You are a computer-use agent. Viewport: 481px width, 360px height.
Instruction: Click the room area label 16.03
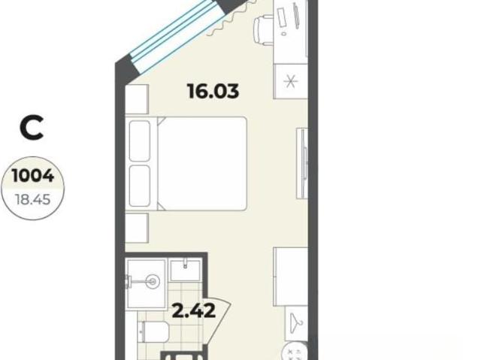pyautogui.click(x=213, y=91)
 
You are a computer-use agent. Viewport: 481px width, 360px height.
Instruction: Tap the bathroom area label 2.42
pyautogui.click(x=194, y=311)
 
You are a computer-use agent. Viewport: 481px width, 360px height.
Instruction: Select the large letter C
pyautogui.click(x=32, y=128)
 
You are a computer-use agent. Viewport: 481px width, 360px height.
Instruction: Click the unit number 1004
pyautogui.click(x=33, y=176)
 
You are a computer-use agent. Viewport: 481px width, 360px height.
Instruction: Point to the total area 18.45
pyautogui.click(x=33, y=200)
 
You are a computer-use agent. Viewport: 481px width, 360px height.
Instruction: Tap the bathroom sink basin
pyautogui.click(x=186, y=270)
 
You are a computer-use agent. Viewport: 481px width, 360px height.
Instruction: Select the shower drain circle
pyautogui.click(x=153, y=281)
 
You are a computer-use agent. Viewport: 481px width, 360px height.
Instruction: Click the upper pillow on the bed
pyautogui.click(x=140, y=141)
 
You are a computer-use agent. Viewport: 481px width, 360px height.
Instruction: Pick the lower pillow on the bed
pyautogui.click(x=140, y=186)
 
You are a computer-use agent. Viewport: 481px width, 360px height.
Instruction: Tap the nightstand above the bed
pyautogui.click(x=137, y=99)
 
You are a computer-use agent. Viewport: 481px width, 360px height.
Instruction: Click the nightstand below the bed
pyautogui.click(x=137, y=228)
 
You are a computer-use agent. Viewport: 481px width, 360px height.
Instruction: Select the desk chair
pyautogui.click(x=263, y=30)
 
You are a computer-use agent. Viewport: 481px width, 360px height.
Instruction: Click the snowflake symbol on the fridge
pyautogui.click(x=291, y=81)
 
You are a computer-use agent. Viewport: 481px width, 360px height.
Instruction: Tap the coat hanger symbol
pyautogui.click(x=296, y=322)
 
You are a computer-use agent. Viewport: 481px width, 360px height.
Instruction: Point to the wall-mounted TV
pyautogui.click(x=303, y=163)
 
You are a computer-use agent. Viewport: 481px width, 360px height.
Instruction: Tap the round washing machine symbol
pyautogui.click(x=294, y=351)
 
